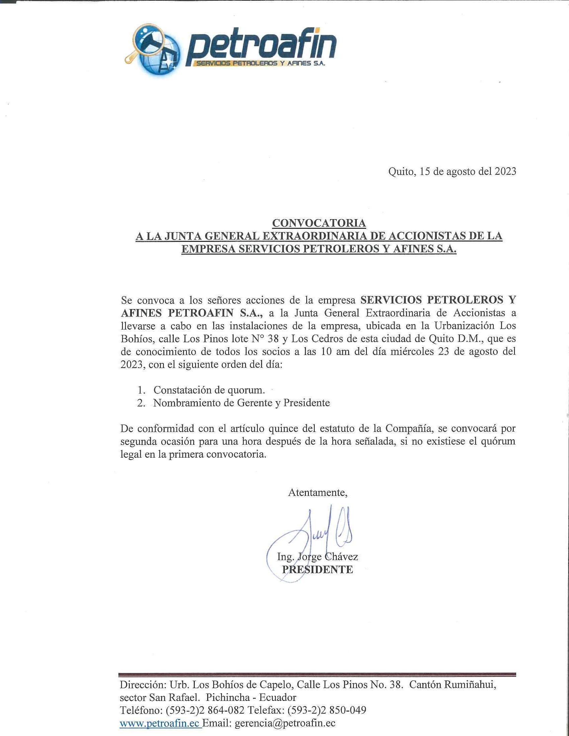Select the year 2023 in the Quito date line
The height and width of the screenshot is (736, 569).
tap(505, 172)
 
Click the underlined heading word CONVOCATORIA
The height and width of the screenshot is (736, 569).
tap(319, 223)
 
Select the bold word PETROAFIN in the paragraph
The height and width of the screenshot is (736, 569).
tap(200, 313)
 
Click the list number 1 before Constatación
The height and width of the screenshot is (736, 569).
tap(141, 390)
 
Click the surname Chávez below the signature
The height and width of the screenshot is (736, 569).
tap(342, 556)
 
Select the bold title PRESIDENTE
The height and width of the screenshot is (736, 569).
tap(317, 569)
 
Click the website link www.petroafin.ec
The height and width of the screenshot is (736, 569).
tap(160, 723)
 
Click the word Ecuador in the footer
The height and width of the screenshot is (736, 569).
tap(277, 698)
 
